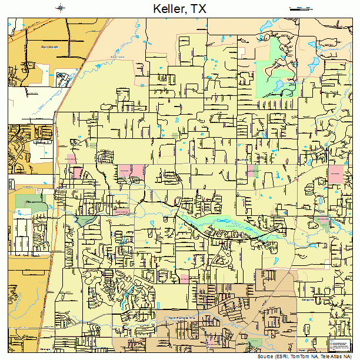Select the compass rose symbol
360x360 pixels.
click(x=62, y=8)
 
